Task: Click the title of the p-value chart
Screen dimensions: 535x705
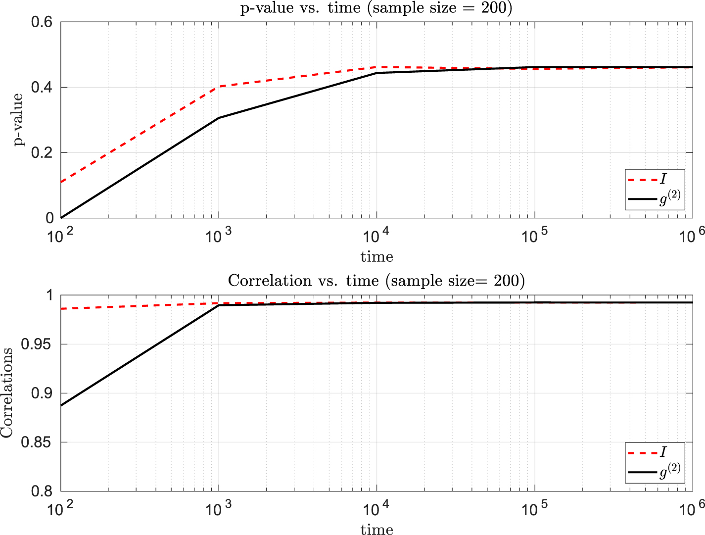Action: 376,8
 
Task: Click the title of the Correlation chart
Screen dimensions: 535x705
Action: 376,281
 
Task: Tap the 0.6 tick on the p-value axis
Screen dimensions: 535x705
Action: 42,22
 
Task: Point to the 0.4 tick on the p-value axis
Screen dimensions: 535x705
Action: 42,88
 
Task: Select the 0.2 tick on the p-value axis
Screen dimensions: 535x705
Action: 42,152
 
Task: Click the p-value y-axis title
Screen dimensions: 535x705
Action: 18,119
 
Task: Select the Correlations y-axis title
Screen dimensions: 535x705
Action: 7,392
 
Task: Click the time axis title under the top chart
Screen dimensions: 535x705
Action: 376,256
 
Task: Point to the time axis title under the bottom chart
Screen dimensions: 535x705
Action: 376,529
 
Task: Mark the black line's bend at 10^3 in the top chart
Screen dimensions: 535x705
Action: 219,118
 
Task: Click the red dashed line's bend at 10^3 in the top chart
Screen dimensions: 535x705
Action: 219,87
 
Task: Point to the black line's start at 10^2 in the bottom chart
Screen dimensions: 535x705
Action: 61,406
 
